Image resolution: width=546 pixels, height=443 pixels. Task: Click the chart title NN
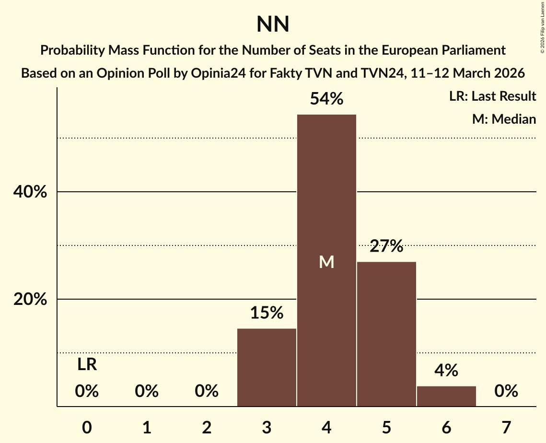click(x=273, y=24)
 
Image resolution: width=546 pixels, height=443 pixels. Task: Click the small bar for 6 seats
click(x=446, y=396)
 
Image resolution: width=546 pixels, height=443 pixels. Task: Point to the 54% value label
click(x=326, y=99)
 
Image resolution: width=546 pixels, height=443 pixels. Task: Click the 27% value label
click(x=386, y=247)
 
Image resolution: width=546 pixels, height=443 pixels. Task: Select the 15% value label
click(x=267, y=313)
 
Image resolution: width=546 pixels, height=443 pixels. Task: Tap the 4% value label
click(x=446, y=371)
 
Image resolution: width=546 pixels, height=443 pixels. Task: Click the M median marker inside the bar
click(x=326, y=262)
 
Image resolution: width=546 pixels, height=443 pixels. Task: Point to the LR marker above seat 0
click(x=87, y=365)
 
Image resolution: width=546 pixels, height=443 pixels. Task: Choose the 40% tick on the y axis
click(x=30, y=192)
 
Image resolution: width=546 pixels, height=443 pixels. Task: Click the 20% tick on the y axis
click(x=30, y=300)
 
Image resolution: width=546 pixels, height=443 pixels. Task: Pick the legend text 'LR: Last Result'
click(x=492, y=96)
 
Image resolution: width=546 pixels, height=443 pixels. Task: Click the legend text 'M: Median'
click(x=504, y=119)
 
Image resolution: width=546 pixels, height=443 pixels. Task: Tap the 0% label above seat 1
click(x=147, y=391)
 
